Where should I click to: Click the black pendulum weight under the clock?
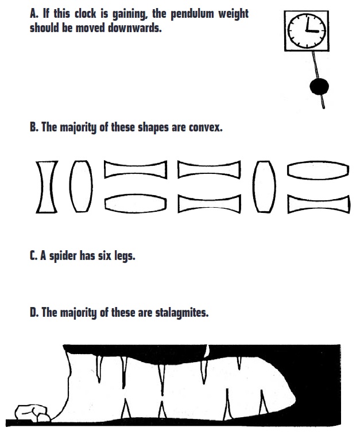pos(319,87)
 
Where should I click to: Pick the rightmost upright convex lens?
pos(264,187)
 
